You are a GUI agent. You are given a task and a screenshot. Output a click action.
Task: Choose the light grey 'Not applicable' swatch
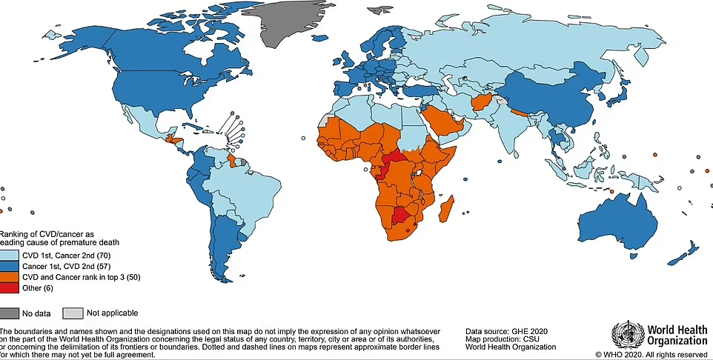click(73, 313)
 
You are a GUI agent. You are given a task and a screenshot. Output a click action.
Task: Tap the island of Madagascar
click(447, 213)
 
